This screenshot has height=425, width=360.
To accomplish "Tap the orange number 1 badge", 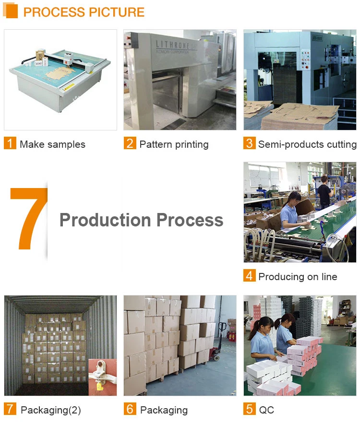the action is pos(10,143).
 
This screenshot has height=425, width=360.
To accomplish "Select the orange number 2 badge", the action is pos(130,143).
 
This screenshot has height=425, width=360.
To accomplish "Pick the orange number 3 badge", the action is pos(249,143).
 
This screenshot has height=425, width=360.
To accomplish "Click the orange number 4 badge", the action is pos(249,276).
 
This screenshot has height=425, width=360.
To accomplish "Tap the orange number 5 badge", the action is pos(249,409).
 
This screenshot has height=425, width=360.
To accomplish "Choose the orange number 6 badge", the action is pos(130,409).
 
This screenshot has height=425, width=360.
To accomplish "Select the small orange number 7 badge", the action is pos(10,409).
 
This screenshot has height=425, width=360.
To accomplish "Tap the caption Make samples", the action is pos(52,144).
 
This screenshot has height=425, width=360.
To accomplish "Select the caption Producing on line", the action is pos(298,277).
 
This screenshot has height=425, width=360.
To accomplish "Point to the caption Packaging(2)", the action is pos(50,410).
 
